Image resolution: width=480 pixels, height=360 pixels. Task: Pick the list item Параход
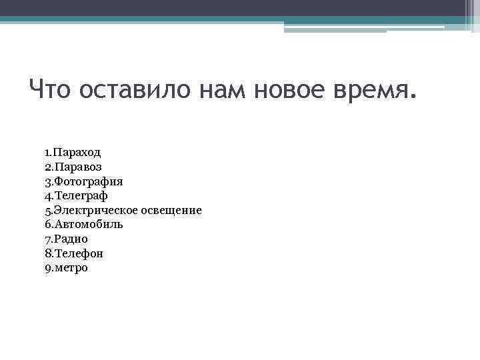click(77, 153)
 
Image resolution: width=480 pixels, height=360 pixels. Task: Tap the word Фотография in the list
click(89, 181)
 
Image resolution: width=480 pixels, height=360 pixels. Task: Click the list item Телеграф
click(81, 196)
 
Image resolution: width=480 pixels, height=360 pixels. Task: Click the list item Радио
click(71, 239)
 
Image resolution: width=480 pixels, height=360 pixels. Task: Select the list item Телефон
click(78, 254)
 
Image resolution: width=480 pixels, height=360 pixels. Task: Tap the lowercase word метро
click(71, 269)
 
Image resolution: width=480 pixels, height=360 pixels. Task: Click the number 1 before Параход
click(47, 153)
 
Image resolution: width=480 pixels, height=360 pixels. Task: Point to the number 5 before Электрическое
click(48, 211)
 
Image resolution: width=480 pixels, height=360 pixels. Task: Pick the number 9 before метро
click(48, 269)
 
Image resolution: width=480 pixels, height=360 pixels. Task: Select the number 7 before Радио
click(48, 239)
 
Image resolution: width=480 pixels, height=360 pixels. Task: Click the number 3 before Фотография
click(48, 181)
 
